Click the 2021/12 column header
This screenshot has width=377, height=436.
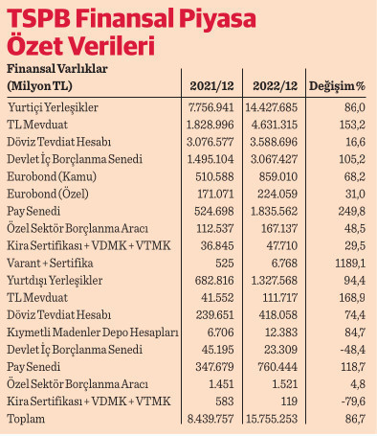(x=212, y=87)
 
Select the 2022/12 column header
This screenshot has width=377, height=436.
(x=274, y=87)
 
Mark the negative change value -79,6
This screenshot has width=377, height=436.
(x=348, y=400)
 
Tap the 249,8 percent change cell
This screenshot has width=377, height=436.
(x=348, y=210)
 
